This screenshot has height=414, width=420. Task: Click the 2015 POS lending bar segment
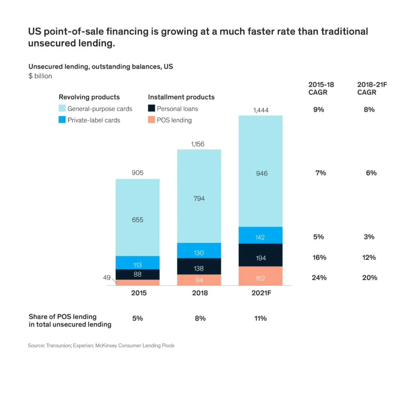tap(137, 283)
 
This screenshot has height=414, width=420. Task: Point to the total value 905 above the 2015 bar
tap(137, 173)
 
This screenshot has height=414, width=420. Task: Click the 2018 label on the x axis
tap(199, 293)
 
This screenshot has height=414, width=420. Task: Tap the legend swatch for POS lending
tap(151, 120)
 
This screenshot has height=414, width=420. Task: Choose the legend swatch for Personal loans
tap(151, 109)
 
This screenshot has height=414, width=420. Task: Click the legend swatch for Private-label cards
tap(62, 120)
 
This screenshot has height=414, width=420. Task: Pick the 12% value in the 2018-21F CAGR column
tap(369, 258)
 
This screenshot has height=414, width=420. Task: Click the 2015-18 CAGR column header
tap(321, 88)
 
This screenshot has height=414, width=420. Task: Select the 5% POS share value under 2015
tap(137, 318)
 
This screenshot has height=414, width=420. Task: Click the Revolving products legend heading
tap(89, 97)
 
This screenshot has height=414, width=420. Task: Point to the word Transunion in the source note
tap(58, 346)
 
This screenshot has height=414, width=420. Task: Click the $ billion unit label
tap(40, 76)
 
